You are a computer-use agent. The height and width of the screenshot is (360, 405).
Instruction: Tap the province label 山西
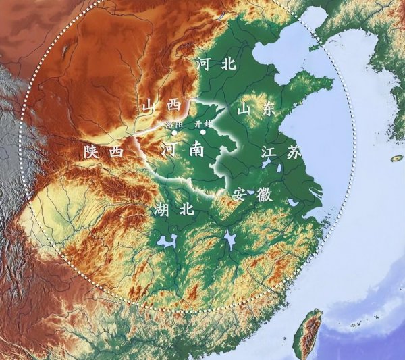point(161,105)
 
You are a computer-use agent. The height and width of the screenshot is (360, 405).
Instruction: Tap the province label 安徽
point(252,195)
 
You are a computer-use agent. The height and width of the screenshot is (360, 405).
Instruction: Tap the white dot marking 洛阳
point(174,132)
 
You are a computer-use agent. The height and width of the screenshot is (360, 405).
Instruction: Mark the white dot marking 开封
point(202,132)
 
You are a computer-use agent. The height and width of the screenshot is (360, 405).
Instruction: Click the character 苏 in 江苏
point(292,153)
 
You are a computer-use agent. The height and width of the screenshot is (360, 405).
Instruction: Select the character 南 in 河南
point(196,149)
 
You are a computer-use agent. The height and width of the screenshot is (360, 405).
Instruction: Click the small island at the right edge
point(398,158)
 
